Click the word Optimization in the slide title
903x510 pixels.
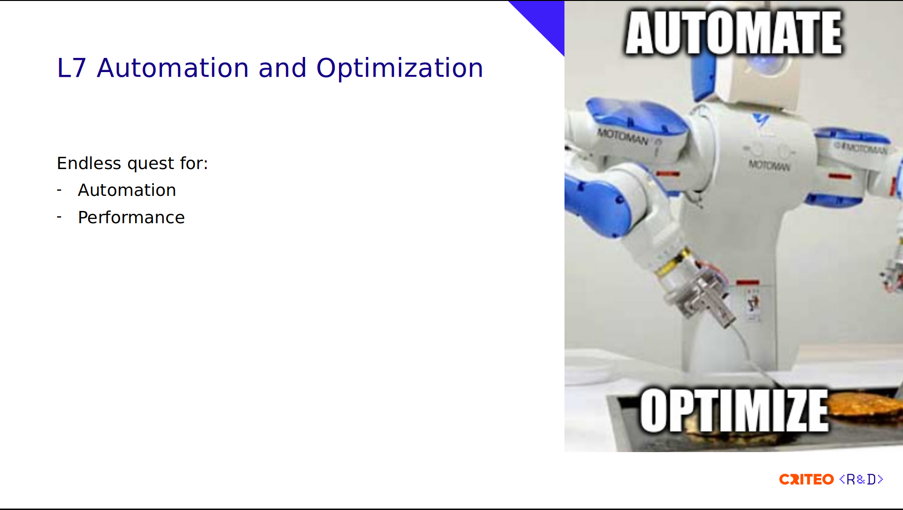[400, 68]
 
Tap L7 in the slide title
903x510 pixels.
[72, 68]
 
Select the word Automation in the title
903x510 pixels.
[173, 68]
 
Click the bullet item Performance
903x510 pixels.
[131, 218]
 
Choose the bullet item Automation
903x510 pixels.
[127, 190]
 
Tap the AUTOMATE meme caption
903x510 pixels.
[734, 33]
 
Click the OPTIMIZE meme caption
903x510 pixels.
[734, 410]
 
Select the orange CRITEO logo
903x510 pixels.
[806, 479]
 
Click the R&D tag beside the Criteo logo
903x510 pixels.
[861, 479]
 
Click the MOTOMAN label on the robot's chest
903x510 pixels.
[769, 166]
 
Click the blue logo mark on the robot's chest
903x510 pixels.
[760, 120]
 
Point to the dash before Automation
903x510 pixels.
[59, 190]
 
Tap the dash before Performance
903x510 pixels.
[59, 217]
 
